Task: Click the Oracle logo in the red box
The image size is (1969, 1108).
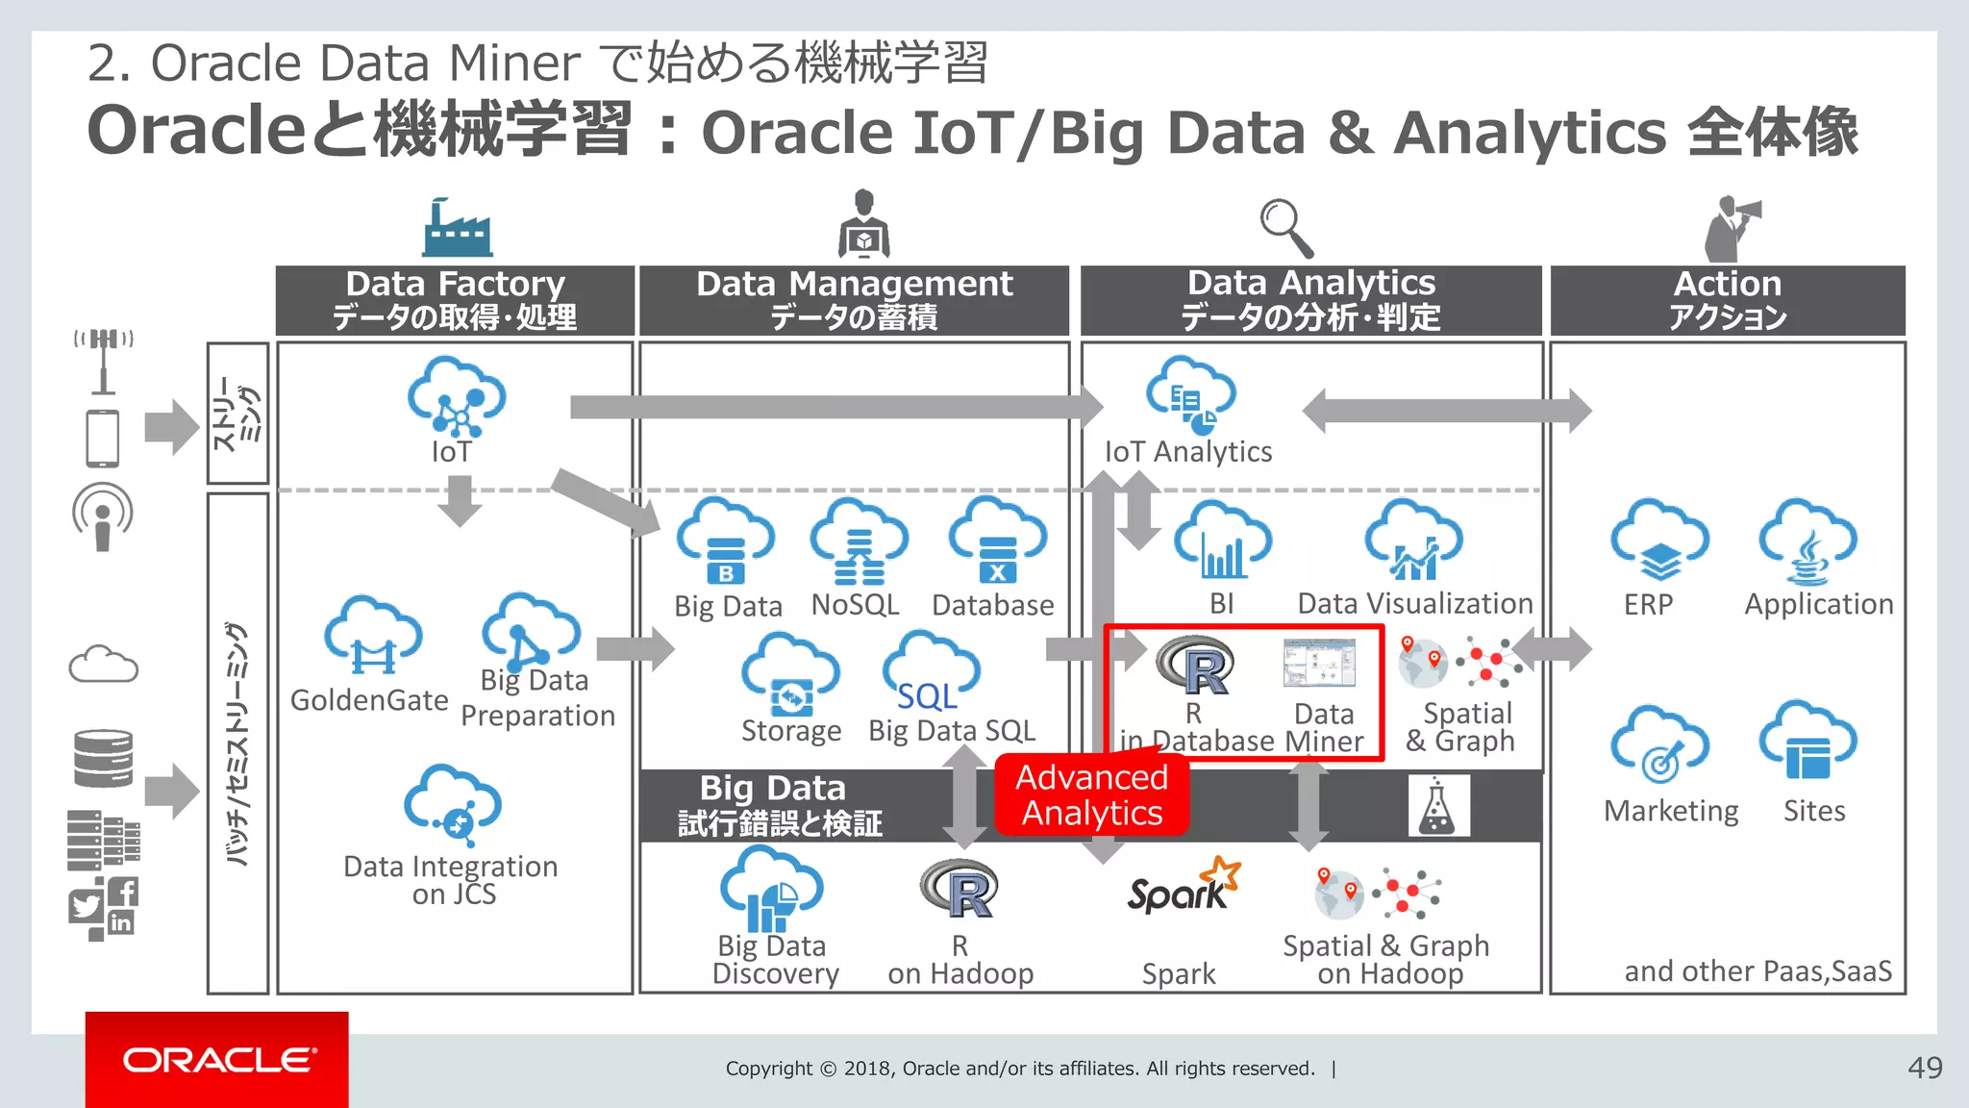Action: click(217, 1060)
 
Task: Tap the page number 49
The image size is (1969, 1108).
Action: click(1925, 1068)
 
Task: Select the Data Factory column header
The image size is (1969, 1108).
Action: click(455, 300)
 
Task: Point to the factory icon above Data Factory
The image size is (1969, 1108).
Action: click(457, 228)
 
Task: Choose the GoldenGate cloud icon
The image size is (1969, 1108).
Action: click(373, 637)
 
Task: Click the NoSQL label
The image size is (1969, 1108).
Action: click(855, 605)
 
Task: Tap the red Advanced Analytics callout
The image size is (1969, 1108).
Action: click(1092, 794)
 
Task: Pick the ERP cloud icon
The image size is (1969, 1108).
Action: click(1659, 541)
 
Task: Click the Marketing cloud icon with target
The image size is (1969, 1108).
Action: click(1659, 745)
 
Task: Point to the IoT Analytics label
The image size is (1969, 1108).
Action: click(1188, 452)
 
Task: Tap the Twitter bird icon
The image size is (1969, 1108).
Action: click(86, 906)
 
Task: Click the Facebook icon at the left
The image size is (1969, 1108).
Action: click(124, 892)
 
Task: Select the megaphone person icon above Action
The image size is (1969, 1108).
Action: click(1731, 228)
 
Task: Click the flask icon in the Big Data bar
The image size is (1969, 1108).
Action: click(1438, 806)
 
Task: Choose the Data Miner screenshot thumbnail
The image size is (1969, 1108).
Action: click(1319, 663)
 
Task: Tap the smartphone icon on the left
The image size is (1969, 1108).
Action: click(103, 439)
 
